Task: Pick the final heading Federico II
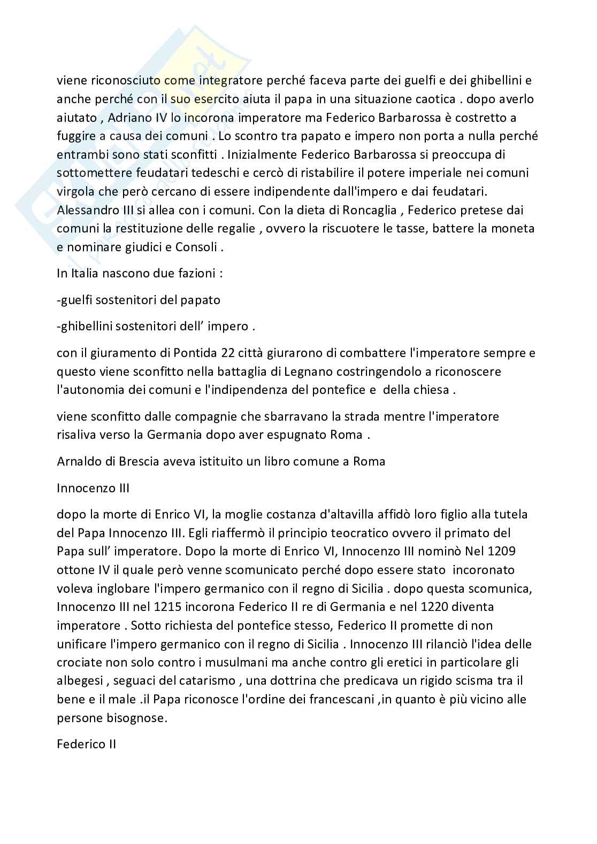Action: click(x=87, y=745)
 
